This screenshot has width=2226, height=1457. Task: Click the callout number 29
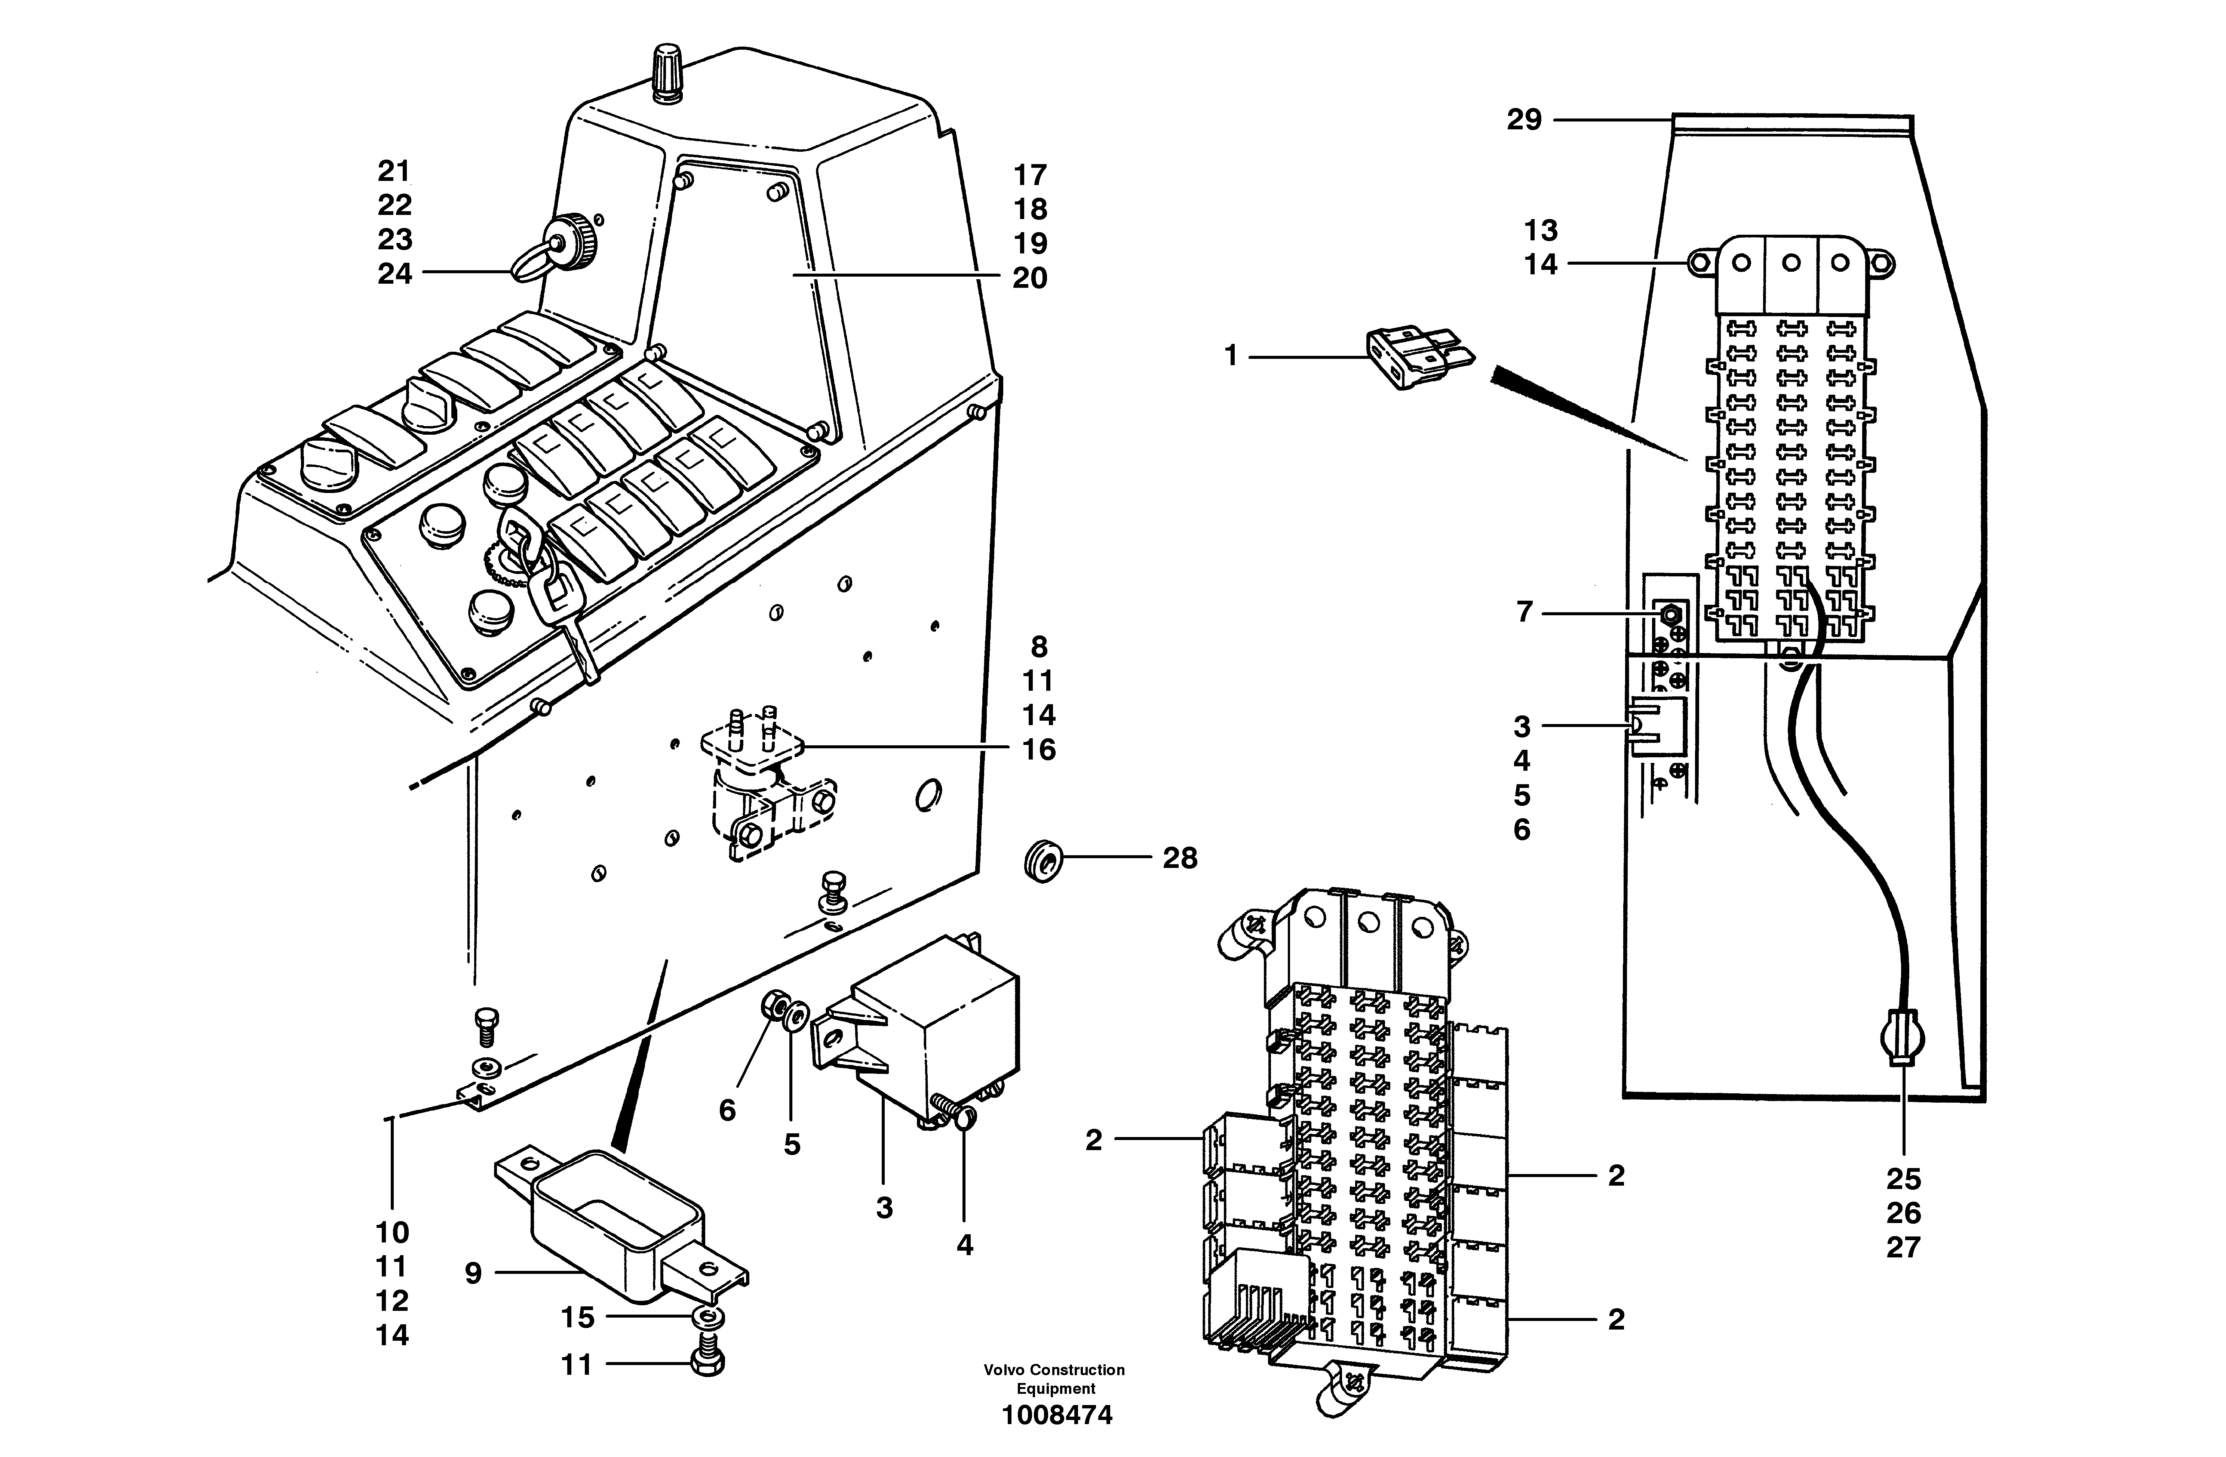(x=1524, y=121)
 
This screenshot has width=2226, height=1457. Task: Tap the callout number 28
(x=1179, y=859)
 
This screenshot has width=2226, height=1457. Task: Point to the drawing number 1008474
(x=1057, y=1415)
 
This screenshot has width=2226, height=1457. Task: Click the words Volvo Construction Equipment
(x=1054, y=1379)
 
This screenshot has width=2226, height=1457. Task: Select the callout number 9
(x=473, y=1273)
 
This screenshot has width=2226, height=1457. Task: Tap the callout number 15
(x=577, y=1318)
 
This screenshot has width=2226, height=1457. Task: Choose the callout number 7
(x=1525, y=613)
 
